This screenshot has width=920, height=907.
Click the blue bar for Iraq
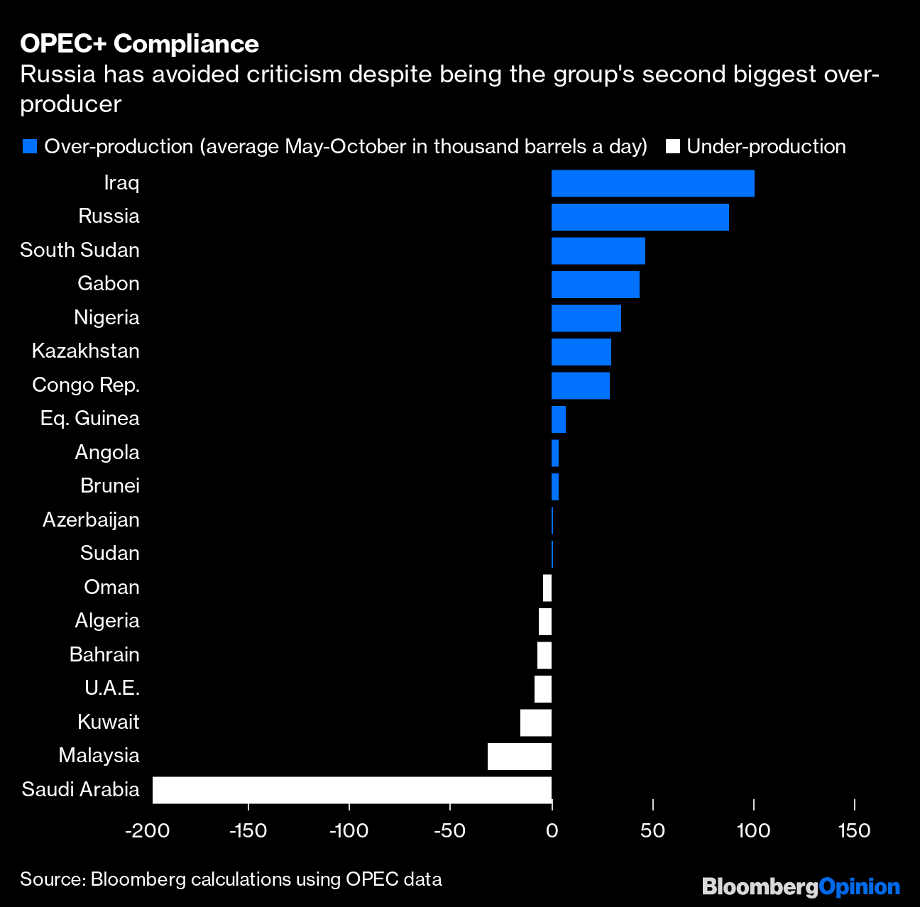(652, 183)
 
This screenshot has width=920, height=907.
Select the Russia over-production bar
(640, 217)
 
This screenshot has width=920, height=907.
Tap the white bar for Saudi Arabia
(351, 790)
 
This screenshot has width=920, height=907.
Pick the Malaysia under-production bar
(519, 757)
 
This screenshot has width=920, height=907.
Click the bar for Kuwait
(535, 722)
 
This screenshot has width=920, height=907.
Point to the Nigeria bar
(586, 318)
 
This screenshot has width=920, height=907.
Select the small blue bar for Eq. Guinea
(558, 419)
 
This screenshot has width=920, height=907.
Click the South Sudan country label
(80, 250)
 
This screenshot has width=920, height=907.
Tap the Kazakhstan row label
(85, 351)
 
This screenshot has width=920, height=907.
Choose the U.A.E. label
(111, 688)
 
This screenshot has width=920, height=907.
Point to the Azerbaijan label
(91, 520)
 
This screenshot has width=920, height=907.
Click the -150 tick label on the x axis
(248, 830)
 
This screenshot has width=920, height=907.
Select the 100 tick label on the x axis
(753, 830)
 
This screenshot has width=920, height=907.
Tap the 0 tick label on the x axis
(552, 830)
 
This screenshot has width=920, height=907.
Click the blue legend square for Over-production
(29, 147)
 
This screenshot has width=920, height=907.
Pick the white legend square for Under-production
(672, 147)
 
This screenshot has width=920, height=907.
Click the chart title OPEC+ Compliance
(139, 44)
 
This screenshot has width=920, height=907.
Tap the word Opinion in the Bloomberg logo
(859, 886)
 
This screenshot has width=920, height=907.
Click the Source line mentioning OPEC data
(231, 879)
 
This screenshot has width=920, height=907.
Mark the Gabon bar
(595, 285)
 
